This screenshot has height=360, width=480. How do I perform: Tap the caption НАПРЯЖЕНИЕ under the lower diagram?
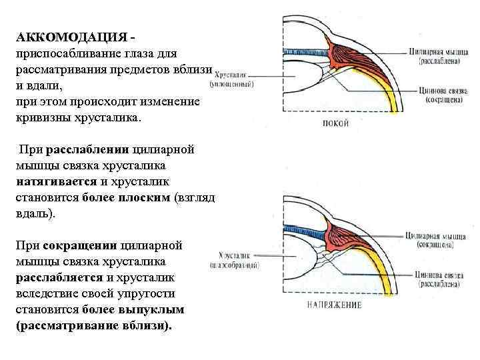coord(334,305)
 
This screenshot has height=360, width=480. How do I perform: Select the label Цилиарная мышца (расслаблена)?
coord(437,55)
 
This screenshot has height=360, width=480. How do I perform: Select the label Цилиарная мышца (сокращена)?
coord(437,239)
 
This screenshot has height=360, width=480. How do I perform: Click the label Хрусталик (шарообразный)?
coord(238,260)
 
